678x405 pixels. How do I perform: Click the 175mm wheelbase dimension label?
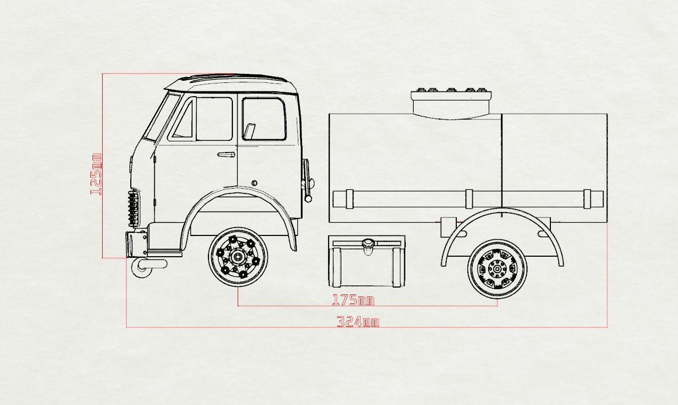(x=353, y=300)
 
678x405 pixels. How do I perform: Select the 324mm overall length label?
(x=358, y=322)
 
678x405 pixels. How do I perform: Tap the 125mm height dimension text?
(x=97, y=174)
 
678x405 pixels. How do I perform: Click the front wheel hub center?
(x=238, y=257)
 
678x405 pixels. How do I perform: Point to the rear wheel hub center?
(x=497, y=269)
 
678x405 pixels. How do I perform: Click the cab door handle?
(x=226, y=155)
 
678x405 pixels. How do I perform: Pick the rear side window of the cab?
(x=264, y=119)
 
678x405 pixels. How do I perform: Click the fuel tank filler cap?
(x=367, y=243)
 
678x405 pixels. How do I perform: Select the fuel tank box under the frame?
(x=367, y=261)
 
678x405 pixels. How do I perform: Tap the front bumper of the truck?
(x=137, y=243)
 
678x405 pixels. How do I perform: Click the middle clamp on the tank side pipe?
(x=468, y=199)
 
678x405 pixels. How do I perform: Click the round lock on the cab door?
(x=254, y=182)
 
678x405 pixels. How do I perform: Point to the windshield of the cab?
(x=157, y=117)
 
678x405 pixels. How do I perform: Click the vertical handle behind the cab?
(x=306, y=178)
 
